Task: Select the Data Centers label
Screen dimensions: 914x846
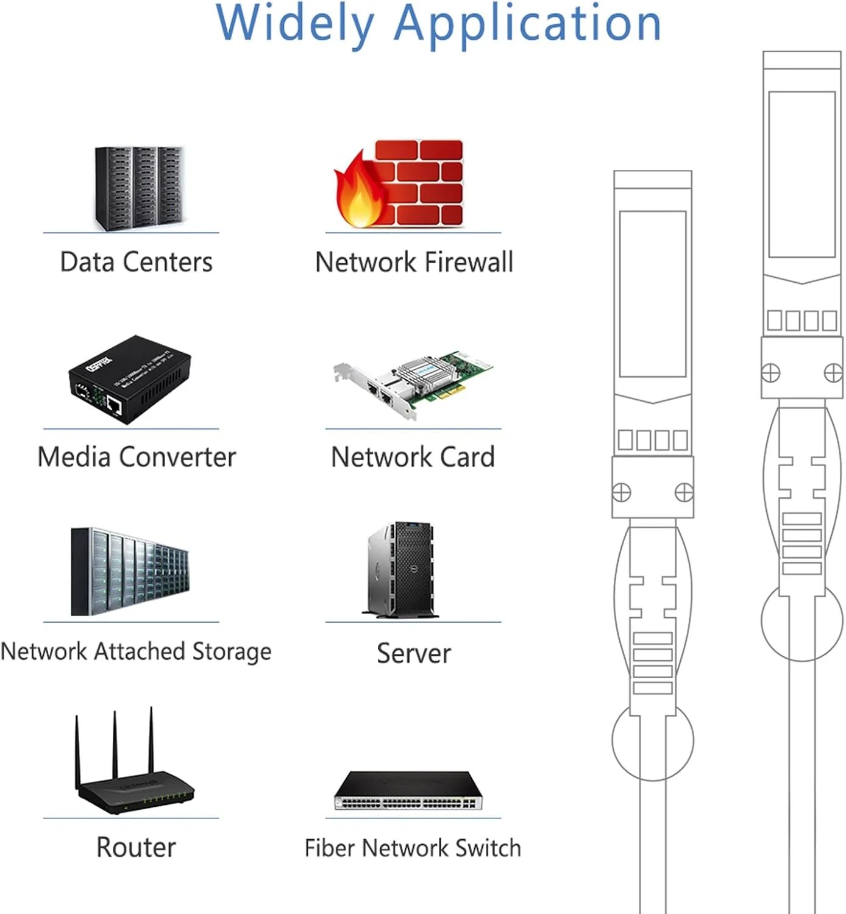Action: (136, 263)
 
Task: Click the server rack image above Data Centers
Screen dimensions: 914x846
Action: (139, 188)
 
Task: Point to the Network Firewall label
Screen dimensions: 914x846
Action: (414, 263)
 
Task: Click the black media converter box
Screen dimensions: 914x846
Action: (129, 379)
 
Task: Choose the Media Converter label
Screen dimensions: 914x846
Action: (137, 457)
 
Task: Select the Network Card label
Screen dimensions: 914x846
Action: (413, 457)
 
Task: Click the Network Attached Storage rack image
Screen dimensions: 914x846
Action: (130, 572)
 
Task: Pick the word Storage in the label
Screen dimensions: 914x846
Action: (232, 651)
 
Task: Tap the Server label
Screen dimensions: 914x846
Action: (414, 653)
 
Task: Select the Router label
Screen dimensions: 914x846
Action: (136, 848)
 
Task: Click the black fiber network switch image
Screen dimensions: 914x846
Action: (408, 790)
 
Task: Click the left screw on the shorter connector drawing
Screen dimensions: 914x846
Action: (621, 492)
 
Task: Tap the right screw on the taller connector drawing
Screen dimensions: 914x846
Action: (833, 372)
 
